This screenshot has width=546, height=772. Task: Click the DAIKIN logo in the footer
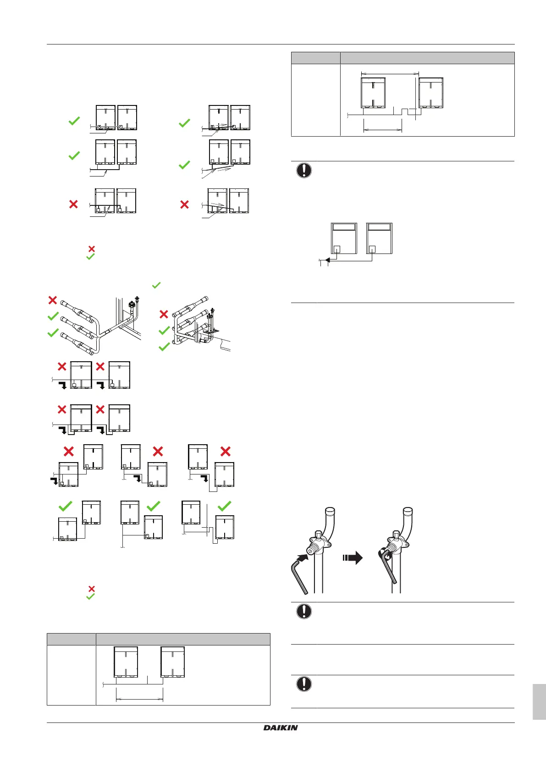(x=281, y=728)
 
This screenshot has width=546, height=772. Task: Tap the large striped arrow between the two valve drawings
(x=353, y=558)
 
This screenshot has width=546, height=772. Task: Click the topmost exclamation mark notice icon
(x=304, y=171)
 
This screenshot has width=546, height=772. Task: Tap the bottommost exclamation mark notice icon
(x=304, y=684)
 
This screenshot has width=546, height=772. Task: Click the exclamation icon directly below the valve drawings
(x=304, y=611)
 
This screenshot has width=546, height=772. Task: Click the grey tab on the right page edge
(x=539, y=701)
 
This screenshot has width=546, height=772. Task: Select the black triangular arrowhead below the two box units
(x=327, y=260)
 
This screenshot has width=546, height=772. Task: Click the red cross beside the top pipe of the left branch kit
(x=53, y=300)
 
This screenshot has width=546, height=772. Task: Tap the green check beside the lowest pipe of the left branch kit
(x=53, y=333)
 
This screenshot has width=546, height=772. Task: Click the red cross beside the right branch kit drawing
(x=164, y=314)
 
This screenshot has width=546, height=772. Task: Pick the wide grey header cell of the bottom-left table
(x=182, y=639)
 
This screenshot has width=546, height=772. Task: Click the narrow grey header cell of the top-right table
(x=316, y=58)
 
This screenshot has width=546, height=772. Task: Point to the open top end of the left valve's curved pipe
(x=330, y=511)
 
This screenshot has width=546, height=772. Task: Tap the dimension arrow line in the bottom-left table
(x=139, y=699)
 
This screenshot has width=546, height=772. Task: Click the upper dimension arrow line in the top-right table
(x=390, y=73)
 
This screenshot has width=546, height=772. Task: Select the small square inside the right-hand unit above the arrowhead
(x=372, y=249)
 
